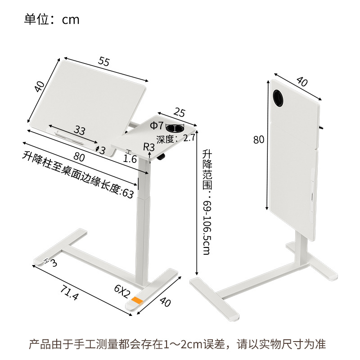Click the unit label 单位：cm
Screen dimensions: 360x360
pos(52,19)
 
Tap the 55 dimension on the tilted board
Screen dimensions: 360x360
pos(104,62)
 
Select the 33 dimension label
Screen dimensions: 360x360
pos(80,131)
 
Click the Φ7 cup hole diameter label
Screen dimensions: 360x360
pos(157,126)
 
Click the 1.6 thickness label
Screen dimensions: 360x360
pos(130,158)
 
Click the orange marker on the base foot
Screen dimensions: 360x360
pos(137,300)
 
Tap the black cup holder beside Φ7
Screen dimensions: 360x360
pos(175,129)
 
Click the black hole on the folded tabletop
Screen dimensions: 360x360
pos(279,97)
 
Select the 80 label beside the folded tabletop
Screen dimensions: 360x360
pos(259,139)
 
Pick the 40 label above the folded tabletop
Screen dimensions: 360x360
pos(302,82)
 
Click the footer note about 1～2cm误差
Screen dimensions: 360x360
pos(177,345)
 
